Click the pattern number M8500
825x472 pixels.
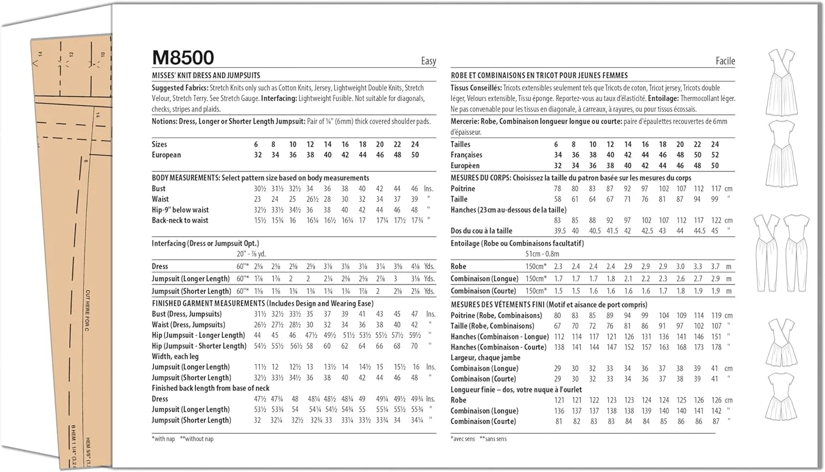coord(183,58)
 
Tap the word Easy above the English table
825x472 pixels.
coord(428,61)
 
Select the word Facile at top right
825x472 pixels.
coord(725,61)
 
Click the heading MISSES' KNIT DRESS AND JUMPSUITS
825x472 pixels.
coord(206,75)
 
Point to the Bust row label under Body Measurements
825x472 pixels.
coord(158,189)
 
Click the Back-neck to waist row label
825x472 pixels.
coord(180,221)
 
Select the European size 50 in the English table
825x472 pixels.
coord(415,155)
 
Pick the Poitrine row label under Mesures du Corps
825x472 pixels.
coord(463,189)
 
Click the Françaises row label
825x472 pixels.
coord(466,155)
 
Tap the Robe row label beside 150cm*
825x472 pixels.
coord(458,266)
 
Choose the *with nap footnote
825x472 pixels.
coord(163,439)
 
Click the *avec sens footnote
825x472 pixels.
coord(463,439)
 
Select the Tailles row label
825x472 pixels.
coord(460,145)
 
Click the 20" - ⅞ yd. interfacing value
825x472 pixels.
coord(251,254)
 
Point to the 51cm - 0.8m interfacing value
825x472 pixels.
coord(542,254)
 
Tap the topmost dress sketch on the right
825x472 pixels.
coord(782,83)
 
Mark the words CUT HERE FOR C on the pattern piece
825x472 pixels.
coord(87,310)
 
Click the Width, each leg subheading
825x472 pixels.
coord(175,356)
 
